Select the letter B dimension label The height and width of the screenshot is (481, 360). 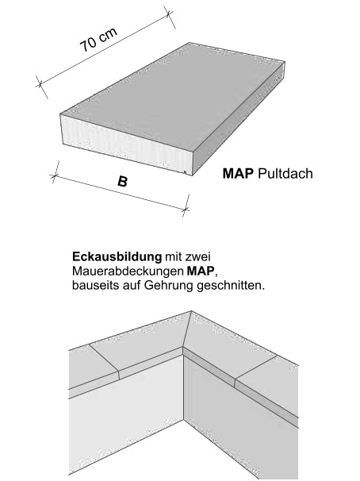click(122, 182)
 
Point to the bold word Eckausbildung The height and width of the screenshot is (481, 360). click(116, 257)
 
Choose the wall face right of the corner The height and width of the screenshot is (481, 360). click(238, 429)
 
